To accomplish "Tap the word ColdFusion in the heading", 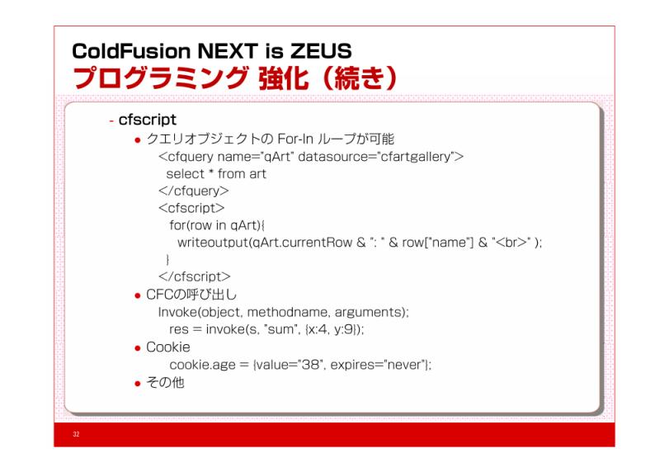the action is tap(131, 51).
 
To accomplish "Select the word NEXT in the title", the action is tap(228, 51).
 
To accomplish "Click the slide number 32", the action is tap(76, 434).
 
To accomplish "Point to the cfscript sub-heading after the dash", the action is tap(147, 120).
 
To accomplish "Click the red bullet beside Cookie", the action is tap(138, 348).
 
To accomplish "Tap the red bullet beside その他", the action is tap(138, 384).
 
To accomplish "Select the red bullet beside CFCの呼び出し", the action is tap(138, 295).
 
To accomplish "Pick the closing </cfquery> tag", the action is tap(194, 191).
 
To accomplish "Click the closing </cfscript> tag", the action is tap(195, 276).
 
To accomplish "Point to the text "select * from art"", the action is tap(216, 174).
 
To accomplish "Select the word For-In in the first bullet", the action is tap(295, 139).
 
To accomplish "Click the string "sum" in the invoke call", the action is tap(280, 329).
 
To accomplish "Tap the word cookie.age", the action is tap(202, 365).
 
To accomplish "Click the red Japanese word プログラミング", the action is tap(160, 78).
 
